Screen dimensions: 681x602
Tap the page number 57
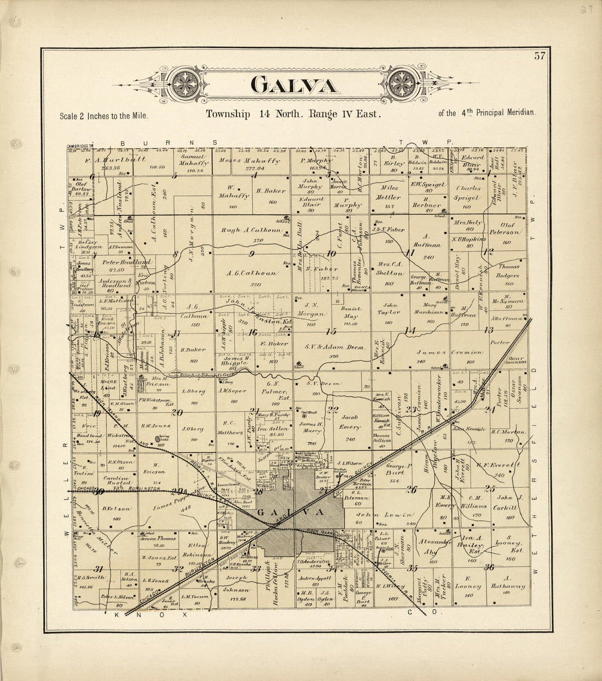540,55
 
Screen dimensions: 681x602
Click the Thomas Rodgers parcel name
508,272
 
